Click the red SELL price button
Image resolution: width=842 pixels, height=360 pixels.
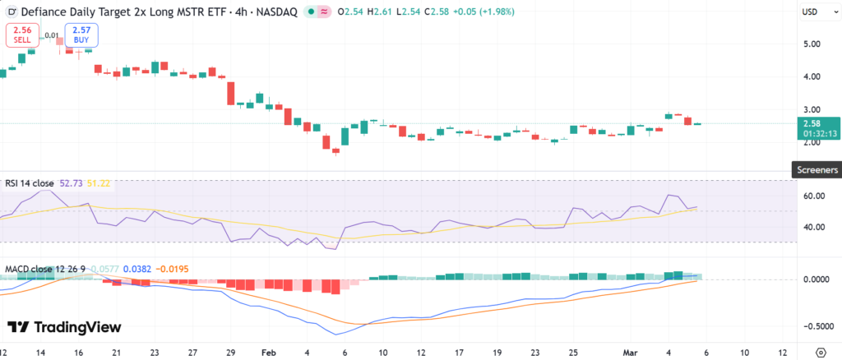[x=22, y=35]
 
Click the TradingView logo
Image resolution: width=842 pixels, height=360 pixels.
[x=64, y=327]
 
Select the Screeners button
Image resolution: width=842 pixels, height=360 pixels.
[x=816, y=169]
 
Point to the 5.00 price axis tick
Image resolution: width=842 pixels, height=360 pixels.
[x=811, y=44]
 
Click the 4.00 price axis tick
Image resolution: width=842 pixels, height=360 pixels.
[x=811, y=77]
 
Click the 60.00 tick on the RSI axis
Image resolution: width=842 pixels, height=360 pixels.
[x=812, y=196]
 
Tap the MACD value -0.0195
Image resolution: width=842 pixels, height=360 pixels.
[x=174, y=269]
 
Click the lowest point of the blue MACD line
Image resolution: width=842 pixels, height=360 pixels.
[x=336, y=335]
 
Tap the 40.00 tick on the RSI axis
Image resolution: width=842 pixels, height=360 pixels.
[x=812, y=227]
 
